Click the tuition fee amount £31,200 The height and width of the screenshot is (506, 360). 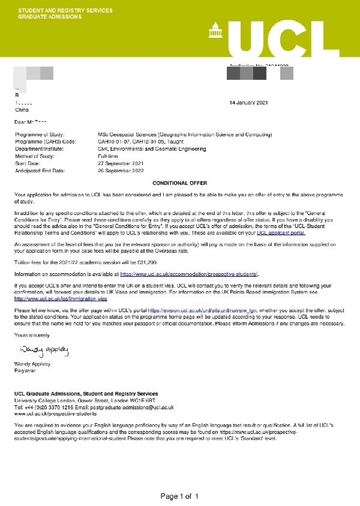pos(146,262)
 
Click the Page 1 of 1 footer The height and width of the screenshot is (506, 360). pos(179,496)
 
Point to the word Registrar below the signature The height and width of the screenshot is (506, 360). pos(25,370)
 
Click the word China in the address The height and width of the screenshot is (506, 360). pos(22,110)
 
